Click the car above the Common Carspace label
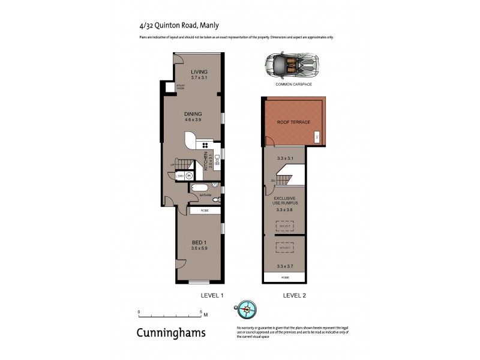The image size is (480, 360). click(293, 64)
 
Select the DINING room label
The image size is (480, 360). click(193, 113)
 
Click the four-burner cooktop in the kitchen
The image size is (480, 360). click(205, 145)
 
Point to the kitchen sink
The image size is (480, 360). click(218, 159)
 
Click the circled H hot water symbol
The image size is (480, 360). click(188, 176)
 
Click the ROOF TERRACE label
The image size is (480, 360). click(293, 122)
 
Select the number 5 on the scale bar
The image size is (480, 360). click(200, 312)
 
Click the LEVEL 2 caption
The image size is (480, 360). click(295, 296)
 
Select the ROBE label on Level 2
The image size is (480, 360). click(284, 278)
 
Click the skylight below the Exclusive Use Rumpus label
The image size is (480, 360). click(284, 226)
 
